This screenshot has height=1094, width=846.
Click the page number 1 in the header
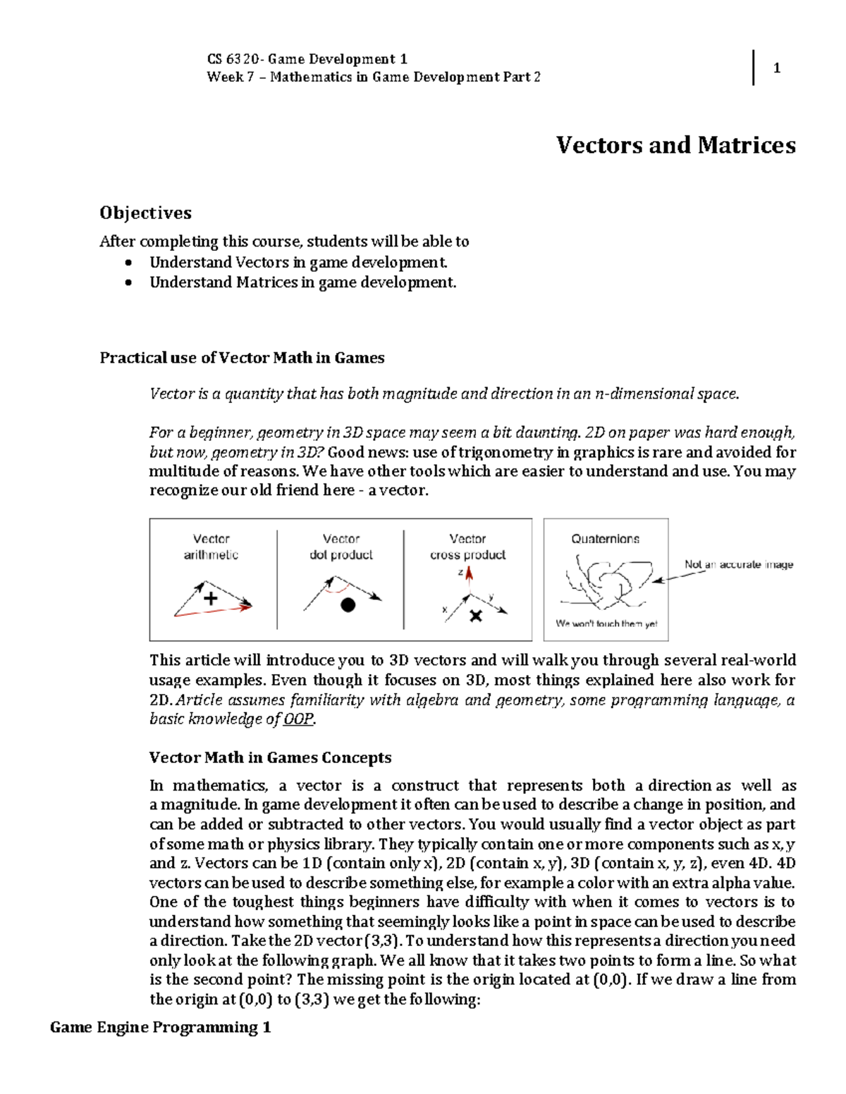point(776,68)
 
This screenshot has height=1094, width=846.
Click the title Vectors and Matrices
point(675,145)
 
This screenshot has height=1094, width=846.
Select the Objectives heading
point(145,213)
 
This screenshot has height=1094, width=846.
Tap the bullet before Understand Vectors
point(128,263)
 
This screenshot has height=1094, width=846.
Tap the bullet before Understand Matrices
point(128,282)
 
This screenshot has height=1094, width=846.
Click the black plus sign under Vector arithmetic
point(210,599)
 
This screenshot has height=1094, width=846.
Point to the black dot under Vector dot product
point(348,604)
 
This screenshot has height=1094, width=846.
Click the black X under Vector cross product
point(476,616)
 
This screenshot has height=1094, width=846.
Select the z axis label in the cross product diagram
point(460,572)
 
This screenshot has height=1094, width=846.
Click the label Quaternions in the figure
point(605,539)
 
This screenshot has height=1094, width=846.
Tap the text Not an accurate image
point(738,564)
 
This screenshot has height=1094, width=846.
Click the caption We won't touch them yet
point(606,623)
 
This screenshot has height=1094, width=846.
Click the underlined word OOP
point(298,719)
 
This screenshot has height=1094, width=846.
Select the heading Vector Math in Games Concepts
point(270,758)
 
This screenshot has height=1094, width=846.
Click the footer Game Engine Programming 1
point(160,1027)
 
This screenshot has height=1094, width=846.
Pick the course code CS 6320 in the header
point(233,59)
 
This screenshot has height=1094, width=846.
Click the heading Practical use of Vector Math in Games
point(242,358)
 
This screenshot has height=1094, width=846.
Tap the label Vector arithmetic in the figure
point(211,547)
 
